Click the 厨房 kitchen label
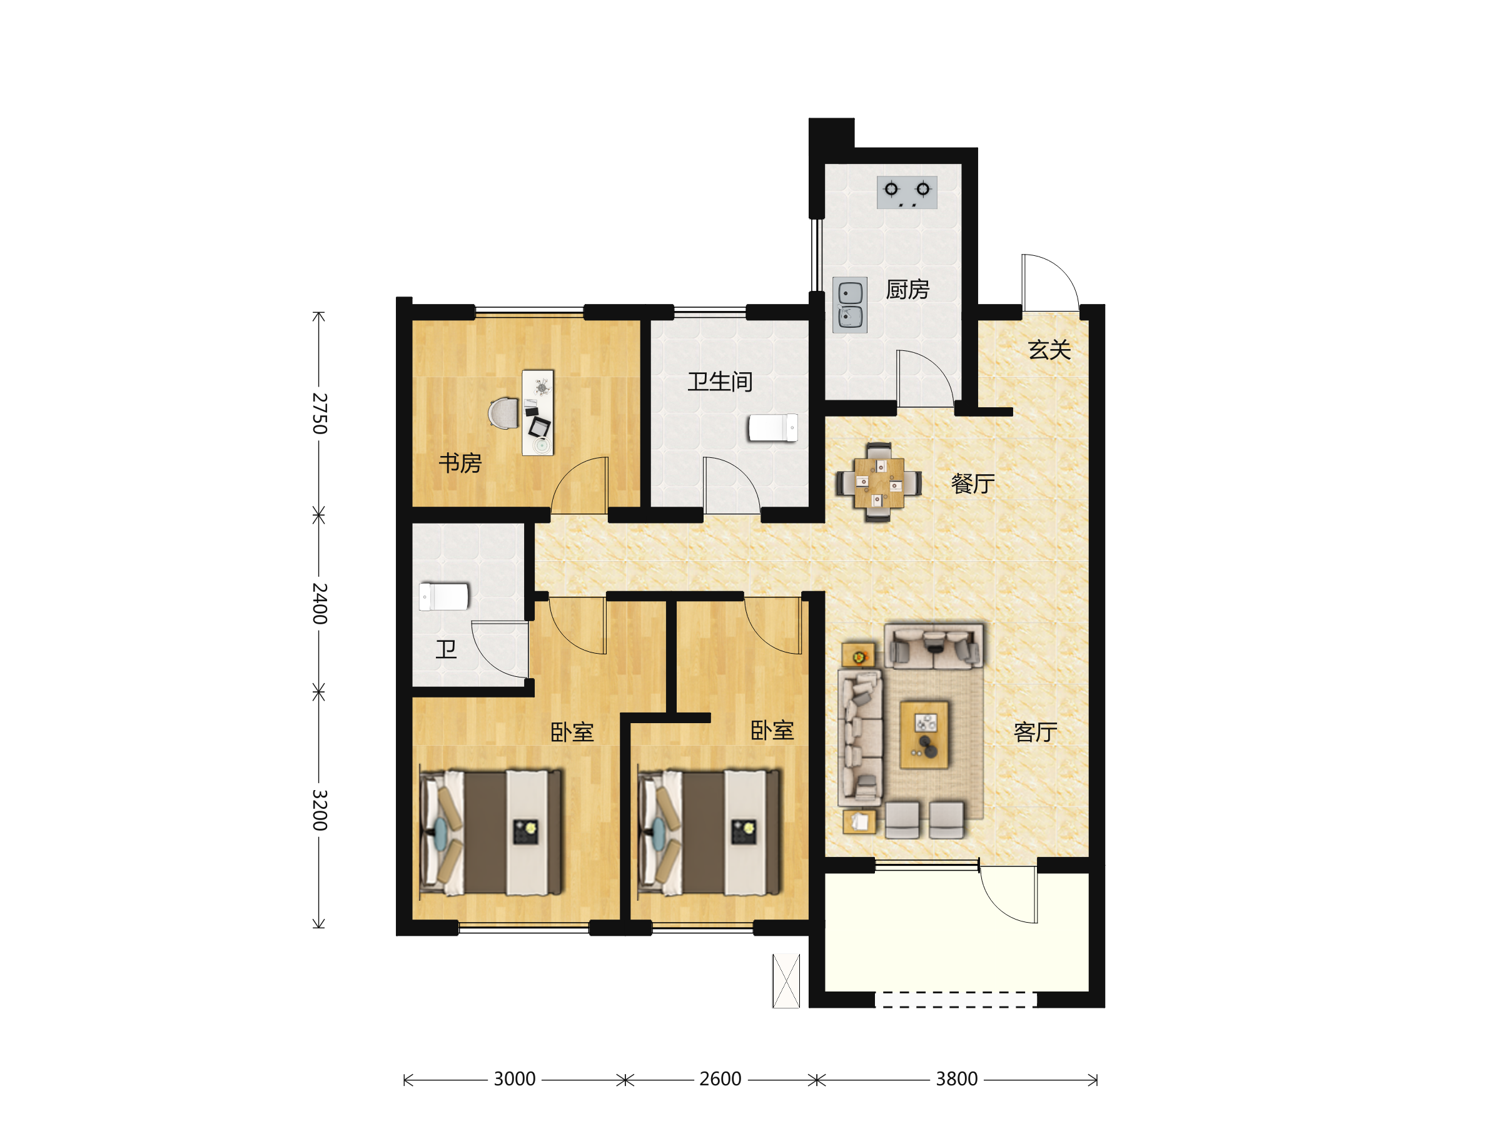click(907, 290)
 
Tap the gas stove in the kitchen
click(907, 193)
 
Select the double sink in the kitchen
click(849, 305)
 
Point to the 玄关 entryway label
click(1049, 350)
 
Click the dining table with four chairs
click(878, 482)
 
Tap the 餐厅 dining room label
click(973, 484)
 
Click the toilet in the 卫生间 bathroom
click(772, 428)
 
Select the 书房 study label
click(460, 464)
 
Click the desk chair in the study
click(503, 413)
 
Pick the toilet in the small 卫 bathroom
click(444, 597)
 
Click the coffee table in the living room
click(924, 735)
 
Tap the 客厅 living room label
click(1036, 733)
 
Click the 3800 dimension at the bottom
click(957, 1079)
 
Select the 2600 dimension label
click(720, 1079)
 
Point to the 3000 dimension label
click(514, 1079)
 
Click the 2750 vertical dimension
click(320, 413)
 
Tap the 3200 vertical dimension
click(320, 809)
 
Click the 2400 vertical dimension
click(320, 604)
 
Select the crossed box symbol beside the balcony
click(786, 981)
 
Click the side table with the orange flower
click(859, 656)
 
